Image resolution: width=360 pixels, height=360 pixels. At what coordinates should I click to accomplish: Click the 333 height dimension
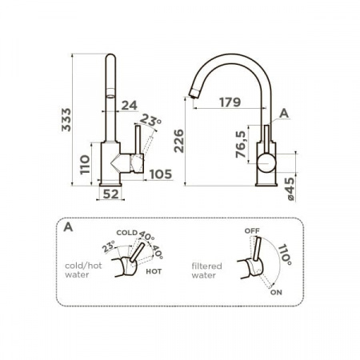(66, 120)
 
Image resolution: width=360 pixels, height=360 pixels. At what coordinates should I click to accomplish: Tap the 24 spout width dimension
(130, 106)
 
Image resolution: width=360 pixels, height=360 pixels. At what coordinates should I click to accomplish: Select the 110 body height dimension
(85, 165)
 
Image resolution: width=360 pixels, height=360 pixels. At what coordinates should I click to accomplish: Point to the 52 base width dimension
(110, 194)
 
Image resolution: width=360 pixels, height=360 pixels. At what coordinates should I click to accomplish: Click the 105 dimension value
(161, 174)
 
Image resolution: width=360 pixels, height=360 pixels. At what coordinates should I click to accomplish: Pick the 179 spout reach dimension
(230, 102)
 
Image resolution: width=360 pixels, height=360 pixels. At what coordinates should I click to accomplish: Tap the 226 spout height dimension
(179, 141)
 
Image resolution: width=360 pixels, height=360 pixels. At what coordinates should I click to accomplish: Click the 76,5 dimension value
(241, 144)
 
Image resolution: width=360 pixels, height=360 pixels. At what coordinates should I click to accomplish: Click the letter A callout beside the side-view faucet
(284, 114)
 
